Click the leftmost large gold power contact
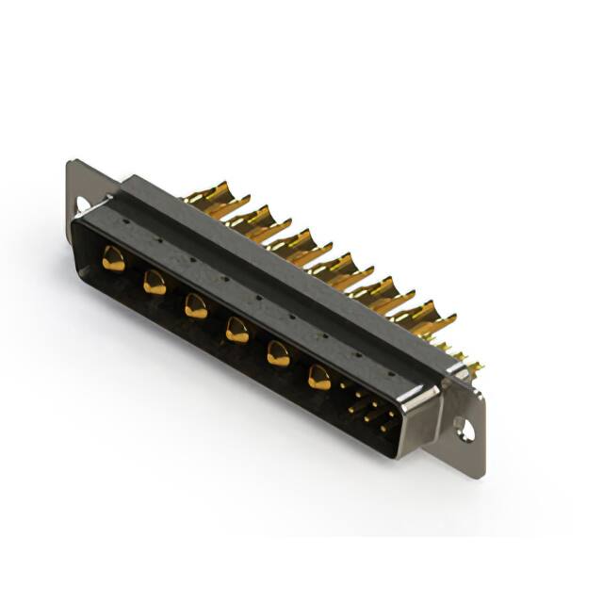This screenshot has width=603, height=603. tap(113, 258)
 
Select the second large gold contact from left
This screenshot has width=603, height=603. tap(154, 282)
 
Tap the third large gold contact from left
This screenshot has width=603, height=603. tap(195, 305)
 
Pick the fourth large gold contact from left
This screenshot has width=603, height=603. tap(236, 329)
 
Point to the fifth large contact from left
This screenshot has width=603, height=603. tap(278, 353)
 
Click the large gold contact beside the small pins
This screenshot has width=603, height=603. tap(319, 378)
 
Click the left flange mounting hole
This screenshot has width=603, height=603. tap(82, 204)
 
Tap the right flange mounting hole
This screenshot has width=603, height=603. tap(464, 431)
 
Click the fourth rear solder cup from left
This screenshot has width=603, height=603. tap(332, 265)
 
